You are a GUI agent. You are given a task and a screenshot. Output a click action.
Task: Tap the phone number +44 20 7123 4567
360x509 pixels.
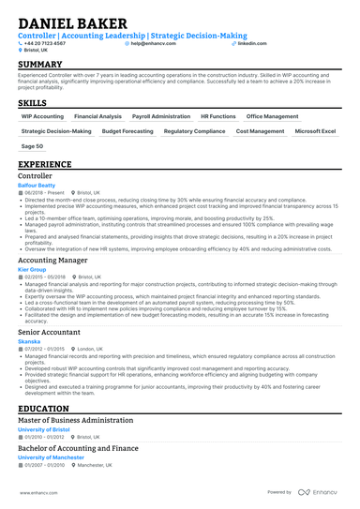[x=47, y=43]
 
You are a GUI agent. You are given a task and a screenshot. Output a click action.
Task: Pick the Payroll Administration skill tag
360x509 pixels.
[x=161, y=116]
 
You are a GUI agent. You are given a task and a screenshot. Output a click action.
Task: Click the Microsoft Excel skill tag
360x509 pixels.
[x=315, y=131]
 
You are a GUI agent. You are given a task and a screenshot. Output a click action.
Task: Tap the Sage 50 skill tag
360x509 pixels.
[x=32, y=146]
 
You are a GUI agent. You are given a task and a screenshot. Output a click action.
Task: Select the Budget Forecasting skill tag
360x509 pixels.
[x=127, y=131]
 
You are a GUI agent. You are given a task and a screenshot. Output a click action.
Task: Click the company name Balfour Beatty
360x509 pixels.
[x=37, y=186]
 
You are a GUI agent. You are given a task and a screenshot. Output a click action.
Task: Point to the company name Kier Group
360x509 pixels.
[x=33, y=269]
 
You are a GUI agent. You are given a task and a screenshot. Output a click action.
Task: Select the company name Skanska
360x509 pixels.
[x=30, y=342]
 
